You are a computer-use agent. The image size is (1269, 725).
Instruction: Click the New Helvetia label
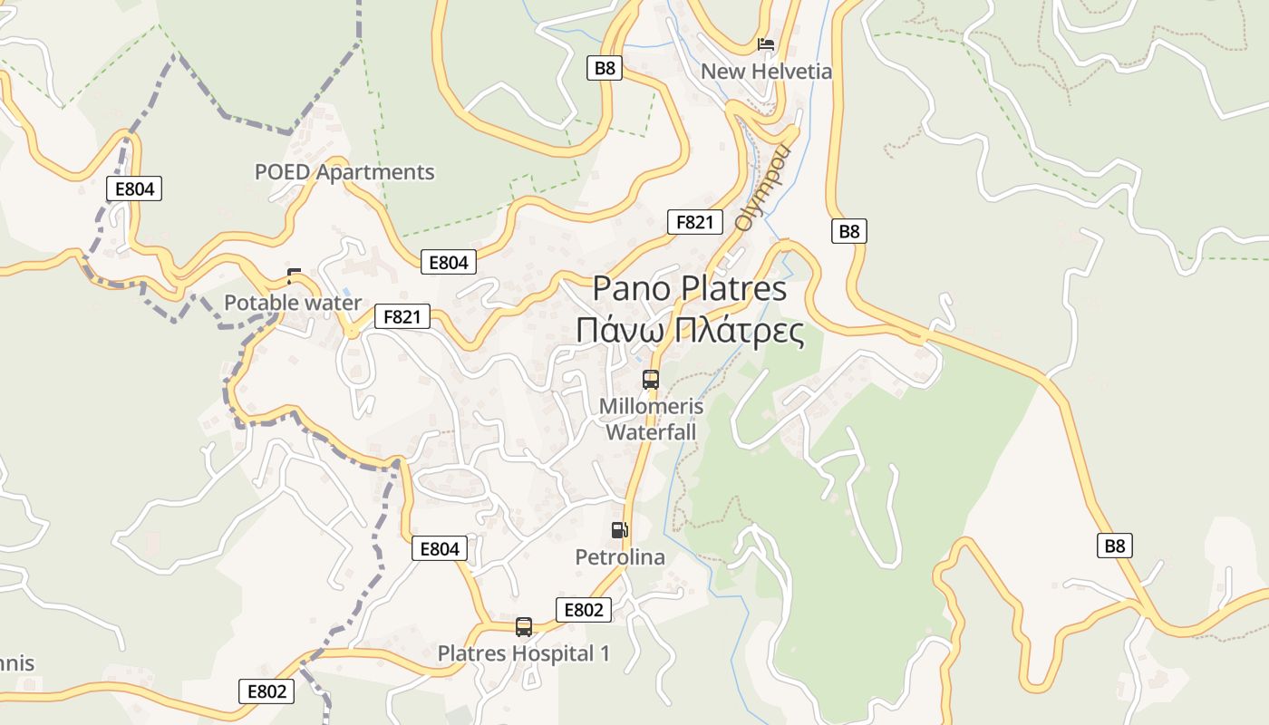pyautogui.click(x=766, y=71)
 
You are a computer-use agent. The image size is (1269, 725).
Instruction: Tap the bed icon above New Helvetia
pyautogui.click(x=766, y=43)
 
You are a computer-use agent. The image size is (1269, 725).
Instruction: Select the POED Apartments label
pyautogui.click(x=344, y=171)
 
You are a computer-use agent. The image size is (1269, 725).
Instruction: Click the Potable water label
pyautogui.click(x=293, y=303)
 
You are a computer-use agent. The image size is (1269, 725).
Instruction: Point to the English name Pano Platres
pyautogui.click(x=690, y=288)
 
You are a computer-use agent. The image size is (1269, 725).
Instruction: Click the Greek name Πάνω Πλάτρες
pyautogui.click(x=690, y=331)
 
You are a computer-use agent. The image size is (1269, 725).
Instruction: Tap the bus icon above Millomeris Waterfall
pyautogui.click(x=651, y=380)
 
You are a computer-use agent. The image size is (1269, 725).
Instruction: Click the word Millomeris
pyautogui.click(x=651, y=407)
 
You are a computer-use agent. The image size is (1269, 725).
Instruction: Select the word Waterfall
pyautogui.click(x=651, y=432)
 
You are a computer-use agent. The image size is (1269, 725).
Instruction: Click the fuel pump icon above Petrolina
pyautogui.click(x=619, y=530)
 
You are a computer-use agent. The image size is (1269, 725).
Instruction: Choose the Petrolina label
pyautogui.click(x=620, y=557)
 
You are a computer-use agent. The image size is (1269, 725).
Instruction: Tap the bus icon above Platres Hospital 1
pyautogui.click(x=524, y=626)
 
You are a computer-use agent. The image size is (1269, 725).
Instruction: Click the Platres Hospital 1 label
pyautogui.click(x=524, y=653)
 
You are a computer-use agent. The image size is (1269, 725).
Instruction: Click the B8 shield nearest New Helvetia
pyautogui.click(x=605, y=68)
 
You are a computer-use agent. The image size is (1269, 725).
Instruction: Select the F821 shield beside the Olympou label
pyautogui.click(x=694, y=222)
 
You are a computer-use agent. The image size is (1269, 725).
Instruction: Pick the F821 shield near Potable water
pyautogui.click(x=402, y=316)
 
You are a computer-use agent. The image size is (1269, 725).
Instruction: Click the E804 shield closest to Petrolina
pyautogui.click(x=440, y=548)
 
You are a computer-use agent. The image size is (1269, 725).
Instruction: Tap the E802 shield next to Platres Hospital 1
pyautogui.click(x=583, y=610)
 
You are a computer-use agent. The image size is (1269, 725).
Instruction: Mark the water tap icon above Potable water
pyautogui.click(x=294, y=275)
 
